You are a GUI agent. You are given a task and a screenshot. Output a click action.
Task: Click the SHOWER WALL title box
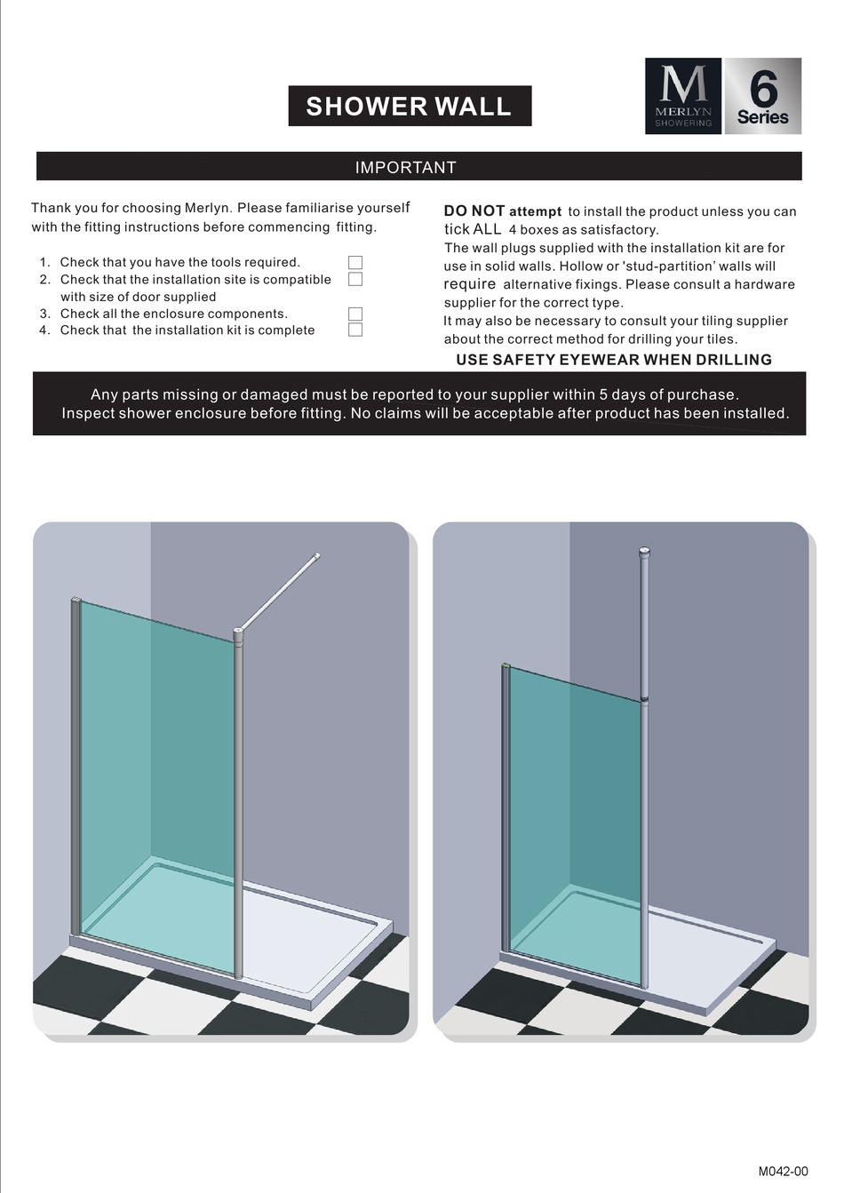(x=410, y=106)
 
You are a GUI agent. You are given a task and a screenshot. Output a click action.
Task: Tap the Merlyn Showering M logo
(x=683, y=96)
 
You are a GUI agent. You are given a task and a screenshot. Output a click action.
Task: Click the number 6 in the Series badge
(x=762, y=89)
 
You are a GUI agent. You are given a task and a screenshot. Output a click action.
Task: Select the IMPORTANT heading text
(x=406, y=167)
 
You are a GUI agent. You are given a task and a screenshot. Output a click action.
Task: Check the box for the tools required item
(x=355, y=262)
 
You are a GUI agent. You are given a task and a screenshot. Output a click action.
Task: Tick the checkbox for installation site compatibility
(x=355, y=279)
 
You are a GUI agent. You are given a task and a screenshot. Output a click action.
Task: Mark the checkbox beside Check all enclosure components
(x=355, y=314)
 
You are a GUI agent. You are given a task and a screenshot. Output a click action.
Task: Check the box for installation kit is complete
(x=355, y=330)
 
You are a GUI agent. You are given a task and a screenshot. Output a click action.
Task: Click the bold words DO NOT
(x=474, y=211)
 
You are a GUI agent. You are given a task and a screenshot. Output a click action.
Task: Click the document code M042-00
(x=783, y=1171)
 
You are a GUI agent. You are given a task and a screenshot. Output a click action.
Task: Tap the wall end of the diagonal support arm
(x=317, y=557)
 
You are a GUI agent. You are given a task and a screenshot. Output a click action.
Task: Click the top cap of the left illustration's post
(x=238, y=634)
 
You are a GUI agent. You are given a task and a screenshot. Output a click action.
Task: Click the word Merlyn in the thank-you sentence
(x=208, y=208)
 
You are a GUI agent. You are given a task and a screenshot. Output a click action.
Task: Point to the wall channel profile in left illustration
(x=76, y=764)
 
